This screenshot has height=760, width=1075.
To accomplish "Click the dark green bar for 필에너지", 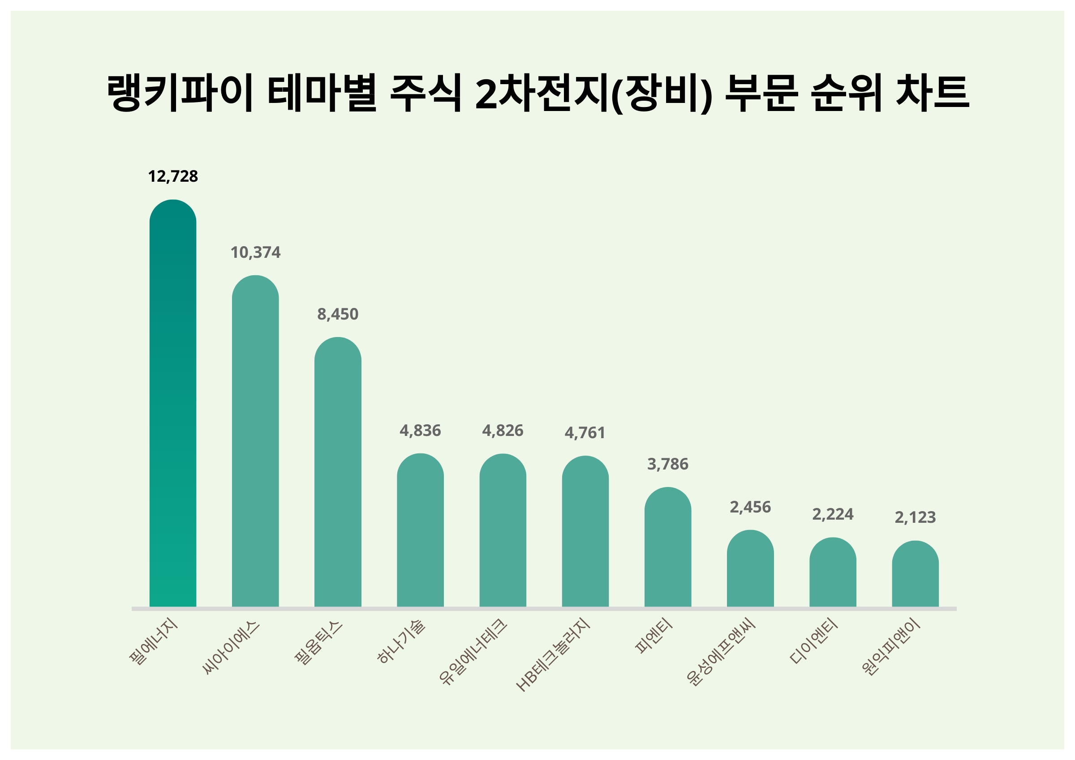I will (x=173, y=403).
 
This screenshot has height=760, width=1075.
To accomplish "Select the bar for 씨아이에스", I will (x=255, y=441).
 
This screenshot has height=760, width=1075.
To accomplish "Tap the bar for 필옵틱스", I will (x=338, y=472).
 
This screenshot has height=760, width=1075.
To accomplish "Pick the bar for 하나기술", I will (x=420, y=530).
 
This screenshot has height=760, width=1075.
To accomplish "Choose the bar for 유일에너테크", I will (x=503, y=530).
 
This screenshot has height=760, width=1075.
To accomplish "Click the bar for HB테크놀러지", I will (x=585, y=532).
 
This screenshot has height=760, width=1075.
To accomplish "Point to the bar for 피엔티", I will (x=668, y=547).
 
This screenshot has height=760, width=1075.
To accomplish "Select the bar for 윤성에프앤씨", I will (x=750, y=568).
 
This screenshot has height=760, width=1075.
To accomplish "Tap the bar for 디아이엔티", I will (x=833, y=572).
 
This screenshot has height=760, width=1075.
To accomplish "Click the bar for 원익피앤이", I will (x=915, y=574).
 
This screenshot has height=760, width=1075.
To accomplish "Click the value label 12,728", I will (x=173, y=176).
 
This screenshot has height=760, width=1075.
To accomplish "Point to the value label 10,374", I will (x=255, y=253).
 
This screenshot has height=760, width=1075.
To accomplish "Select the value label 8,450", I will (x=338, y=315).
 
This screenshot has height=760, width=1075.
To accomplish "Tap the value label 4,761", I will (x=585, y=433).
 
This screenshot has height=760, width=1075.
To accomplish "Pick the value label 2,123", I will (x=915, y=517).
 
